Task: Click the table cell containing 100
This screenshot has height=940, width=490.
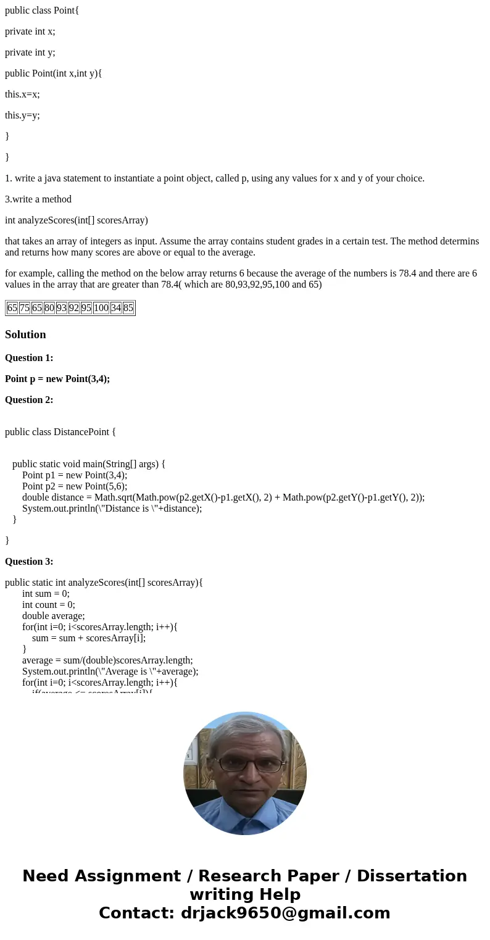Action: click(101, 308)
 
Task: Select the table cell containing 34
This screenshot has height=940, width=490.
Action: click(116, 308)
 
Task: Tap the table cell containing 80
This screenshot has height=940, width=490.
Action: click(49, 308)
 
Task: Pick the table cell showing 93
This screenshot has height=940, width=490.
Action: click(62, 308)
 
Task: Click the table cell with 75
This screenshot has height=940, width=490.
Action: click(25, 308)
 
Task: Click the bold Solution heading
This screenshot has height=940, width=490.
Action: click(25, 335)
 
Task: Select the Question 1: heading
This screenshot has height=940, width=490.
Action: click(29, 358)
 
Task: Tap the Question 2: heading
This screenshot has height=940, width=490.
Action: click(29, 400)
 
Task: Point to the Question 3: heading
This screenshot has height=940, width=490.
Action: click(29, 562)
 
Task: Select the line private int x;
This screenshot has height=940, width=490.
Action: click(30, 31)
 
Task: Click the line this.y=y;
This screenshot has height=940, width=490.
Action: click(22, 115)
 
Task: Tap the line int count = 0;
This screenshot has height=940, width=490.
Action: click(49, 605)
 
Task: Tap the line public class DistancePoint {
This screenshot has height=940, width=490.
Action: click(60, 432)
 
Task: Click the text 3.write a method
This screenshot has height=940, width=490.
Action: click(38, 199)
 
